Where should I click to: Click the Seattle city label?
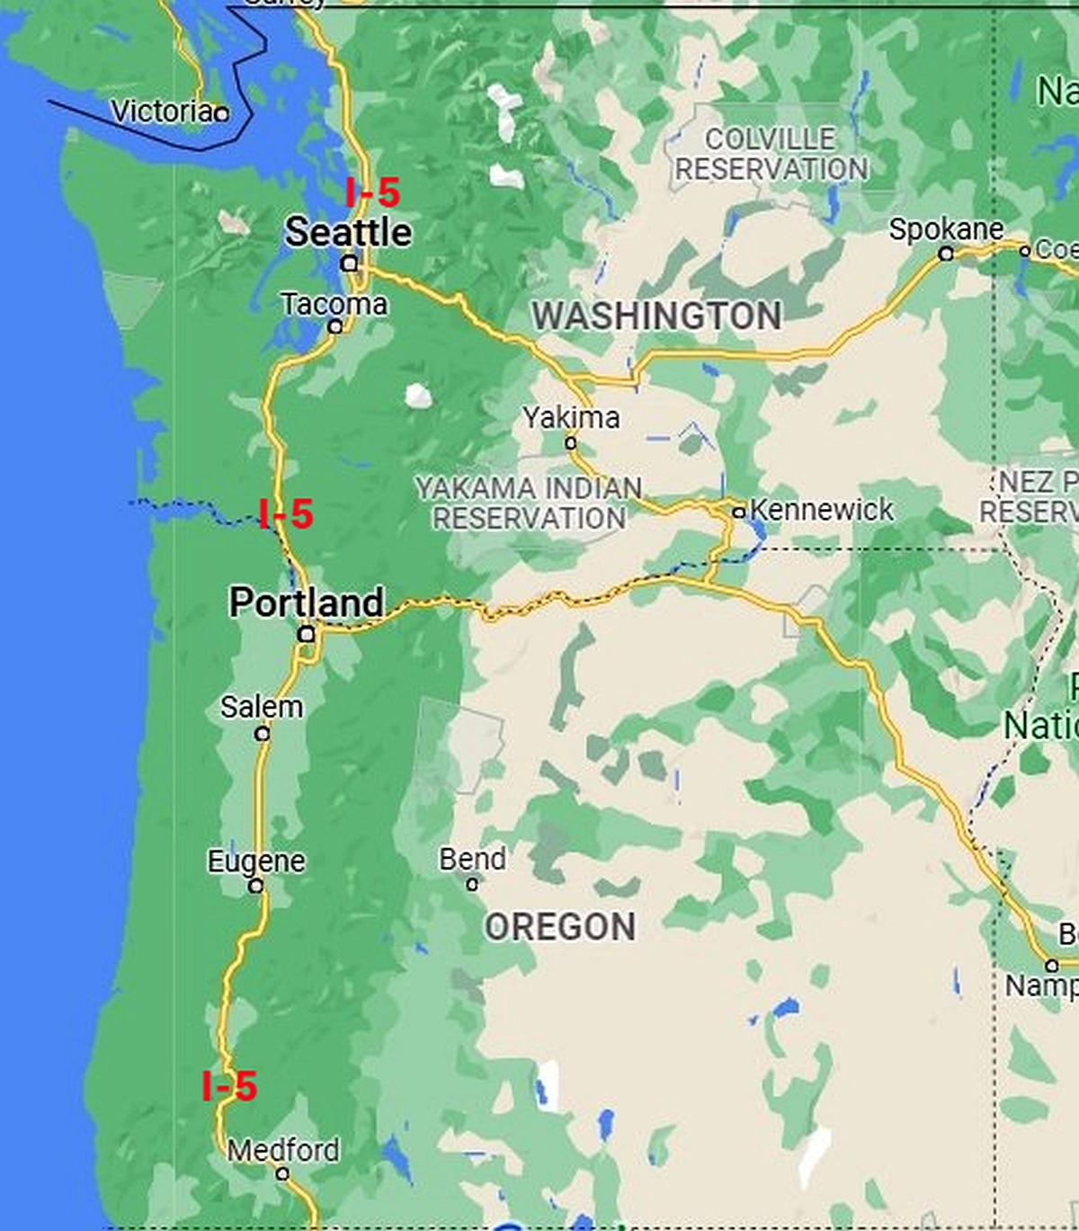click(349, 232)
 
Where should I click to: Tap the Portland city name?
click(307, 602)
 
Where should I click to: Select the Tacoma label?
click(334, 304)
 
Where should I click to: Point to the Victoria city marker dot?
click(221, 113)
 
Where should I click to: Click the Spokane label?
click(946, 229)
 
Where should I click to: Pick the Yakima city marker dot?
click(570, 442)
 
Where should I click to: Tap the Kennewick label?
click(822, 510)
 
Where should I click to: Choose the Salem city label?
click(262, 707)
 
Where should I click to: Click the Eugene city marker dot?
click(256, 886)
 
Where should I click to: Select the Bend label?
click(472, 859)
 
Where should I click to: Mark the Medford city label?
click(283, 1150)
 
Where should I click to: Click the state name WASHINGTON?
click(656, 316)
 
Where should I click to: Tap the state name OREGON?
click(560, 927)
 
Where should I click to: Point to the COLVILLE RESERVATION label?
click(771, 154)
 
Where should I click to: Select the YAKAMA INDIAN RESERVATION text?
click(529, 503)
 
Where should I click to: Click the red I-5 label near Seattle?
click(373, 192)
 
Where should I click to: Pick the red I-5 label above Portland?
click(286, 514)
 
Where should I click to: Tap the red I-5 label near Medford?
click(229, 1086)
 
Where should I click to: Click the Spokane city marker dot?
click(946, 254)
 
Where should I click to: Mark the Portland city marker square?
click(307, 634)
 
